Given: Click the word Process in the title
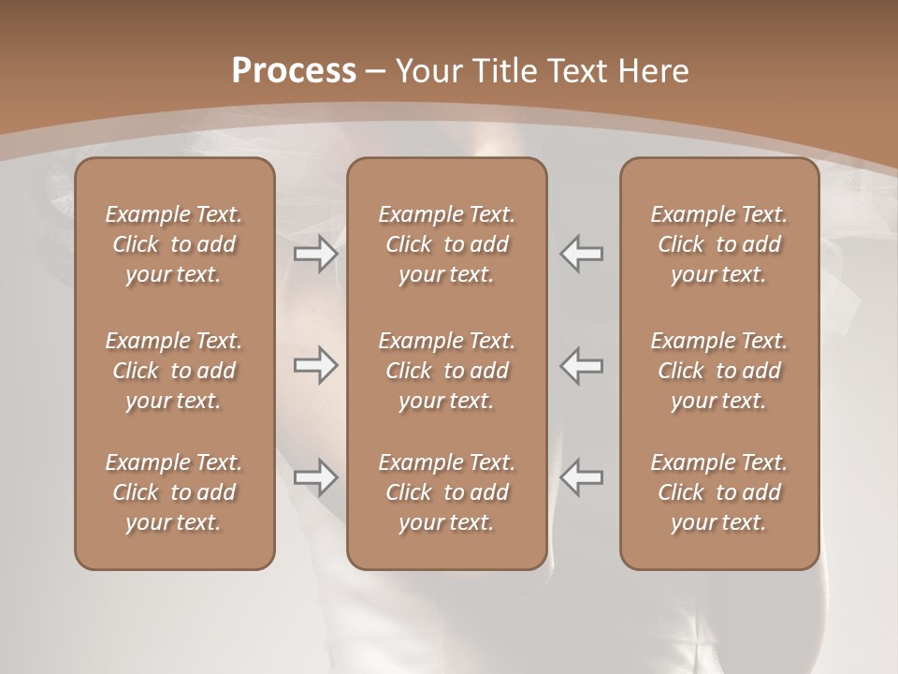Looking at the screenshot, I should [x=294, y=71].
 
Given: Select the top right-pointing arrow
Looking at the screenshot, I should [x=316, y=254].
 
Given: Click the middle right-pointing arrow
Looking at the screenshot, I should [x=316, y=365].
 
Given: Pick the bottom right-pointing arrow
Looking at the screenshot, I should [x=316, y=476].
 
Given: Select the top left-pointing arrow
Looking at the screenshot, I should [x=581, y=254].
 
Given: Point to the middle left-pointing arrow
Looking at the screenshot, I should [x=581, y=365].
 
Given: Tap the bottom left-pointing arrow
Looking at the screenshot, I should [x=581, y=476].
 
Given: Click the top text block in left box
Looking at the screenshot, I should [x=174, y=244].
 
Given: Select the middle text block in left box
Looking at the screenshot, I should [x=174, y=371].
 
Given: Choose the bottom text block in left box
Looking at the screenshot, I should [x=174, y=492].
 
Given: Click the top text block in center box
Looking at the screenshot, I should [x=446, y=244].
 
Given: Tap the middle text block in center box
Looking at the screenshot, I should [x=446, y=371].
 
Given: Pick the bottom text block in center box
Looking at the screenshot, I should [x=446, y=492].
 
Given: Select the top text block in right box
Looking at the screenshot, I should [x=718, y=244].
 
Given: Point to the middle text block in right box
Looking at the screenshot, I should [x=718, y=371].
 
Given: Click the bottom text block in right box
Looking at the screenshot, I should [x=718, y=492].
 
